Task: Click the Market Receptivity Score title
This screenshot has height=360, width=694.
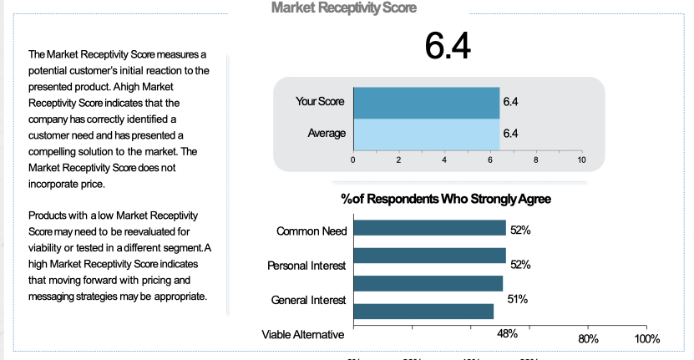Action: (x=344, y=8)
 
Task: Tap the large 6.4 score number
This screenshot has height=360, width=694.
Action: (x=447, y=46)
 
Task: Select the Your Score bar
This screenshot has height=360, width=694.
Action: (x=426, y=102)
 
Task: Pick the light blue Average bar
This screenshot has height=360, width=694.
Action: (x=426, y=133)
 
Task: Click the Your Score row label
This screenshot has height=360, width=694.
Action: (x=320, y=102)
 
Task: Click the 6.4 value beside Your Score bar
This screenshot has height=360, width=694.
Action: (x=511, y=102)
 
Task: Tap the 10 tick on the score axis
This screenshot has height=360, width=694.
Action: (x=581, y=159)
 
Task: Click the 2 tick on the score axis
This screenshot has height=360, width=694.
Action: (x=398, y=159)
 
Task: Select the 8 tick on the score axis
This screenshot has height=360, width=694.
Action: (x=535, y=159)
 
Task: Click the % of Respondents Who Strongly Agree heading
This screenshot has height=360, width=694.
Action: (x=446, y=200)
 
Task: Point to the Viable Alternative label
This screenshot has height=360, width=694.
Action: (x=302, y=335)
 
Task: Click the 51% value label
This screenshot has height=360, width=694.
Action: (x=518, y=298)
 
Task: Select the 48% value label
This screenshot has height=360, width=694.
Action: (x=508, y=333)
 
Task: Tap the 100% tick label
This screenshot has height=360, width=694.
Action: (x=646, y=339)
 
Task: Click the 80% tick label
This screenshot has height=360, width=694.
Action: (x=588, y=339)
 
